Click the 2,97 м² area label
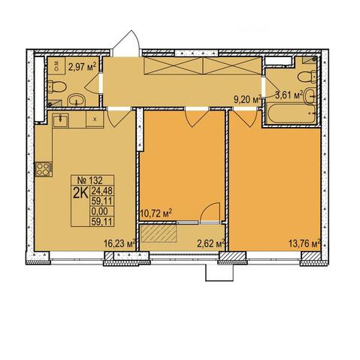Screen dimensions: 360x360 pos(82,67)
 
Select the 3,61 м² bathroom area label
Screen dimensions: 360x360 pos(289,95)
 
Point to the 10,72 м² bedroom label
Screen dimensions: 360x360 pos(156,213)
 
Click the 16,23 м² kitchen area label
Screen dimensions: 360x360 pos(120,244)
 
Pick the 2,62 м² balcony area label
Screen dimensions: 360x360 pos(211,244)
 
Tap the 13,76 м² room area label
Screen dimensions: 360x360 pos(305,244)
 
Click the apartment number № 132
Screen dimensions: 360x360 pos(89,180)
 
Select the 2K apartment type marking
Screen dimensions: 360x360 pos(80,193)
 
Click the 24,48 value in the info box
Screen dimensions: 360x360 pos(101,191)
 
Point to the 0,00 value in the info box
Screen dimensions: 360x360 pos(100,211)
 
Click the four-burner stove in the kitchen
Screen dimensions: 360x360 pos(44,169)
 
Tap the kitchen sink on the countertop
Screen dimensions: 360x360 pos(60,120)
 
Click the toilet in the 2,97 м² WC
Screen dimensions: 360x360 pos(57,86)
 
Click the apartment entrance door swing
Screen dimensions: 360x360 pos(126,44)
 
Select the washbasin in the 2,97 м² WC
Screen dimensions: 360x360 pos(77,100)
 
